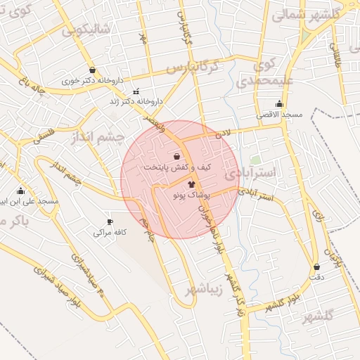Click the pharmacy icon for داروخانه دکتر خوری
tap(93, 70)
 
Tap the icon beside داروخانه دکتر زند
tap(136, 91)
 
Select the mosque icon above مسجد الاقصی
tap(279, 104)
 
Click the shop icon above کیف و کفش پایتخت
tap(176, 156)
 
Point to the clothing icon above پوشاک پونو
tap(172, 184)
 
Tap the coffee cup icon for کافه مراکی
tap(109, 221)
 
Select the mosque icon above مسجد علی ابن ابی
tap(20, 191)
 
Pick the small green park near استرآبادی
tap(255, 160)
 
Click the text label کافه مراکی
tap(98, 232)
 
